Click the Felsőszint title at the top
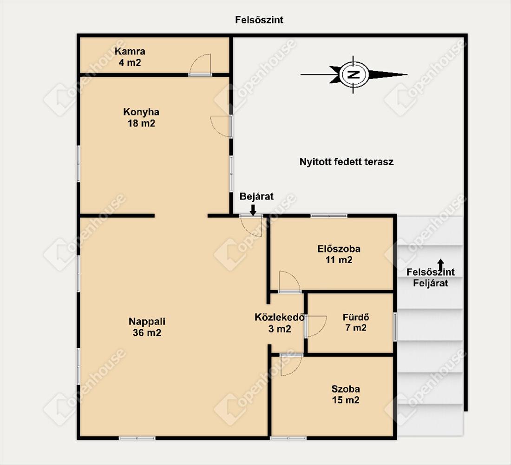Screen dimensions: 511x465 (259, 20)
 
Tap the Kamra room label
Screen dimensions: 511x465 (130, 51)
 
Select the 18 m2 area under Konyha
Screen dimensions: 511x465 (141, 123)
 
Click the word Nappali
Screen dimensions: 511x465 (147, 321)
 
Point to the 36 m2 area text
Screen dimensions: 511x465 (147, 333)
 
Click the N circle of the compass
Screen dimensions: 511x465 (354, 75)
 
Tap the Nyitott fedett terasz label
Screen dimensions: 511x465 (347, 162)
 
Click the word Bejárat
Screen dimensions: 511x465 (256, 196)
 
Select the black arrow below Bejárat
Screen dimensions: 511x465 (253, 210)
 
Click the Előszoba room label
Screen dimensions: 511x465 (339, 249)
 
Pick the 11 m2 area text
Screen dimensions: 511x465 (339, 260)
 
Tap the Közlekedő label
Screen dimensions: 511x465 (280, 318)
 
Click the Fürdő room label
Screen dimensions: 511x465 (356, 317)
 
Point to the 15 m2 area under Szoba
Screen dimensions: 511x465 (346, 400)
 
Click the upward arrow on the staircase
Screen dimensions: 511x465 (440, 265)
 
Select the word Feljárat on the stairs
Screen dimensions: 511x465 (431, 283)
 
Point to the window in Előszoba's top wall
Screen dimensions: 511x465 (329, 216)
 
